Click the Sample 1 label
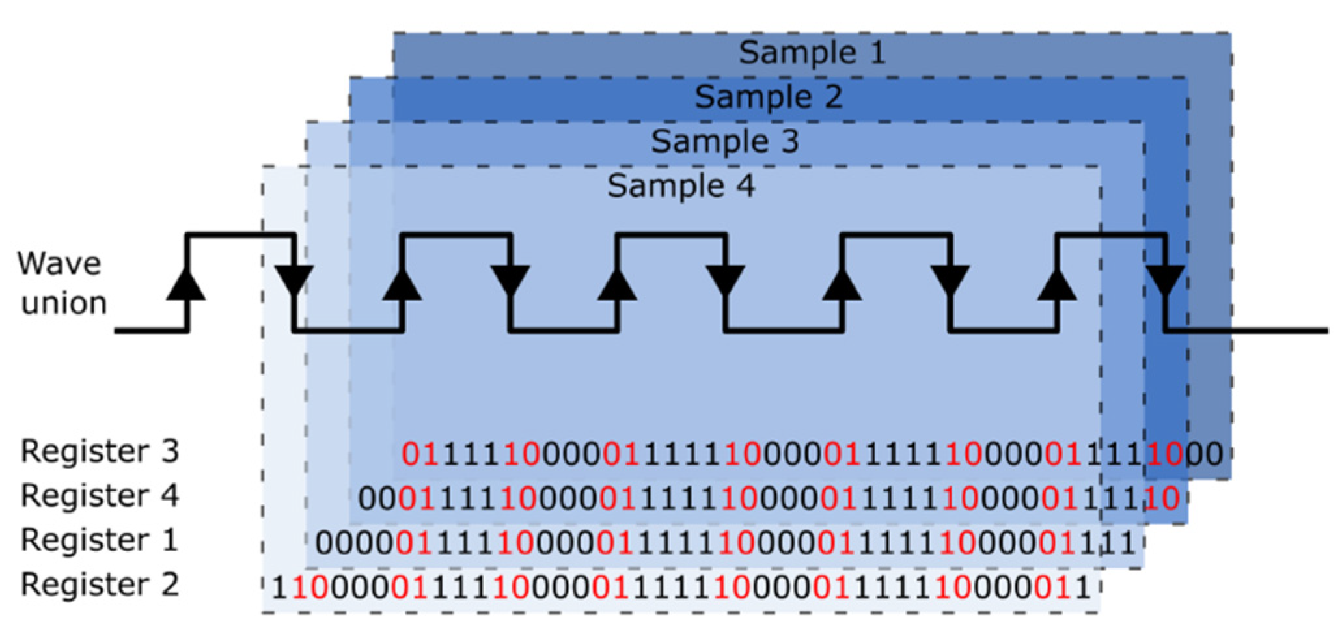812,53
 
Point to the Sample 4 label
681,187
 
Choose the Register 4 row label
100,496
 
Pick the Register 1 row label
100,540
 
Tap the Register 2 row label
100,584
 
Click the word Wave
59,264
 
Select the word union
64,304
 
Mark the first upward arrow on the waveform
186,284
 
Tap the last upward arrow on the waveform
1057,284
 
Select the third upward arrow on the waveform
617,284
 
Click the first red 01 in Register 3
420,454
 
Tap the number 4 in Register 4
169,496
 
